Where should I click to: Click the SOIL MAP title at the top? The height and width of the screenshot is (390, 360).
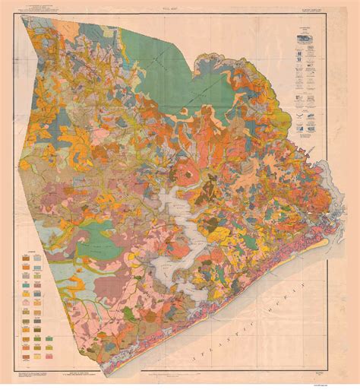(x=179, y=8)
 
